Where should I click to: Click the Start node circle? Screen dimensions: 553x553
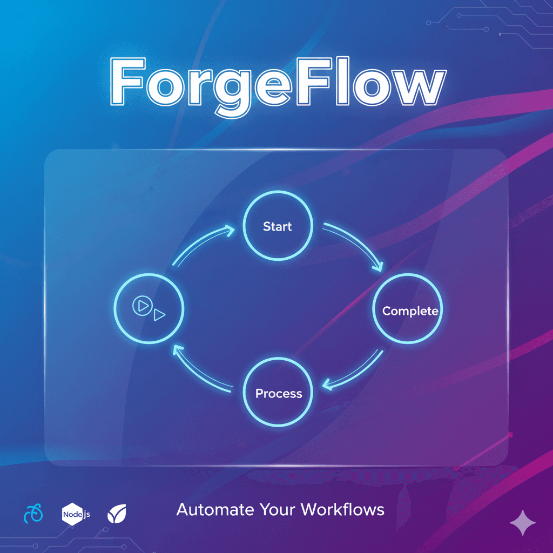tap(278, 226)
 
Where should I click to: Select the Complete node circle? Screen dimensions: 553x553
tap(408, 311)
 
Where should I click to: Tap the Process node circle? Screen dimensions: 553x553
tap(278, 393)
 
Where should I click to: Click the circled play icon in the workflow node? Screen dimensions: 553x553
tap(141, 306)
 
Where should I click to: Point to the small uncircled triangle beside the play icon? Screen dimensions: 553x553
tap(159, 315)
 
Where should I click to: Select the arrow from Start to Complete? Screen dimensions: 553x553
tap(356, 245)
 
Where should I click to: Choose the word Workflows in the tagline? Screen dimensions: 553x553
tap(342, 509)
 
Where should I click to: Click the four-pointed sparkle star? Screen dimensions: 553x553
tap(523, 523)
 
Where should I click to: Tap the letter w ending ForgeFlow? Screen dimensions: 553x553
tap(414, 86)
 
